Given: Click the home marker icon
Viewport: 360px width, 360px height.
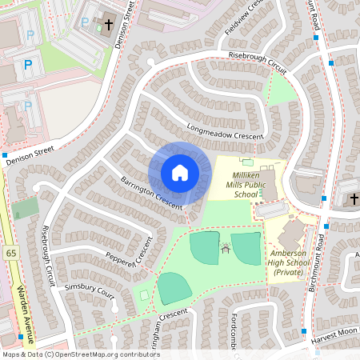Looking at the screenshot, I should click(x=180, y=173).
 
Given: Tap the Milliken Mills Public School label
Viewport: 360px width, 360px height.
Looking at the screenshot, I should click(x=245, y=184).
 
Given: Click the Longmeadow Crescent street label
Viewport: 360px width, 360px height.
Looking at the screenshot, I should click(x=225, y=132).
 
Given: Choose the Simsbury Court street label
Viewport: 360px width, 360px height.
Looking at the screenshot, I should click(x=89, y=289).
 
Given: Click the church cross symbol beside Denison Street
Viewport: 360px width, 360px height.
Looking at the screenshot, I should click(x=108, y=26).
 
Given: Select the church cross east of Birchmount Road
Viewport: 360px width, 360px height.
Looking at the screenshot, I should click(x=353, y=198).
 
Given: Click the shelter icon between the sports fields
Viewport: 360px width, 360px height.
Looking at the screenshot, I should click(x=225, y=248).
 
